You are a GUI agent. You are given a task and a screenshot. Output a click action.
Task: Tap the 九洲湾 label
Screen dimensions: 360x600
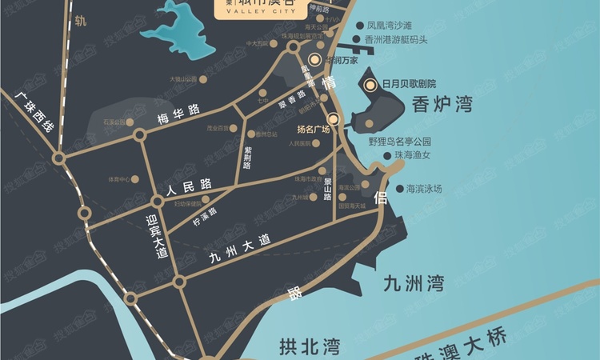[413, 283]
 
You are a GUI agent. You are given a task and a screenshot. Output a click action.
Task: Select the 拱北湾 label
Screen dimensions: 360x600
[310, 346]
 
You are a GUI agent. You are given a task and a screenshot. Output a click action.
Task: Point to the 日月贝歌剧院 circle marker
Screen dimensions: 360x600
[370, 85]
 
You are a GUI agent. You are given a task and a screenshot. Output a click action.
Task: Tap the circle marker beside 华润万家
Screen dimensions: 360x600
[315, 59]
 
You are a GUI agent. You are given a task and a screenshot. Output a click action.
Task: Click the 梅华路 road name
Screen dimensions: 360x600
[178, 117]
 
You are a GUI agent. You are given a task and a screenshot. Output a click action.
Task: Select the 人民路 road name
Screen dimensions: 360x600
[182, 191]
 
